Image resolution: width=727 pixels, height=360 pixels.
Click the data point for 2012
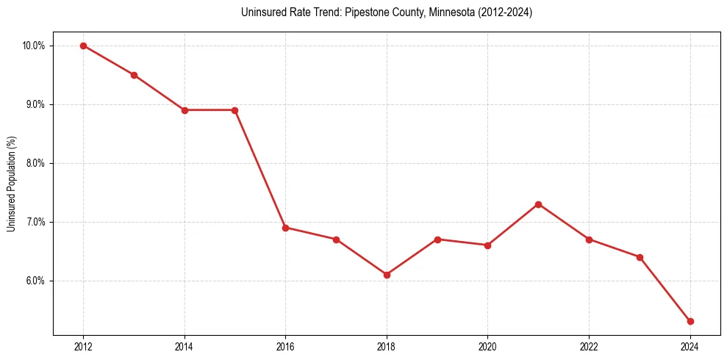pyautogui.click(x=83, y=46)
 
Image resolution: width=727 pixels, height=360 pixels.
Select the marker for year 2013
pyautogui.click(x=134, y=75)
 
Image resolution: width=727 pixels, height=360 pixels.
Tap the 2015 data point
pyautogui.click(x=235, y=110)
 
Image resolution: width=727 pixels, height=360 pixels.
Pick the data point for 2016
pyautogui.click(x=285, y=228)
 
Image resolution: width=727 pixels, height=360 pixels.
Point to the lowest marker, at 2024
pyautogui.click(x=690, y=321)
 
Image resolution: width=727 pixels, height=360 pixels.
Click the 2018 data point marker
pyautogui.click(x=387, y=275)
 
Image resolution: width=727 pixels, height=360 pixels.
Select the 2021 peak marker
pyautogui.click(x=538, y=204)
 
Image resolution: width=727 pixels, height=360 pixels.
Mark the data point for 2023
pyautogui.click(x=640, y=257)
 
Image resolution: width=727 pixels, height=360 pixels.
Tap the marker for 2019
pyautogui.click(x=437, y=240)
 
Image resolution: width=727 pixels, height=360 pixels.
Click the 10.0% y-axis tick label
pyautogui.click(x=34, y=46)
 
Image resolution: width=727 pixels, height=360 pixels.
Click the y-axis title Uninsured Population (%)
pyautogui.click(x=12, y=184)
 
